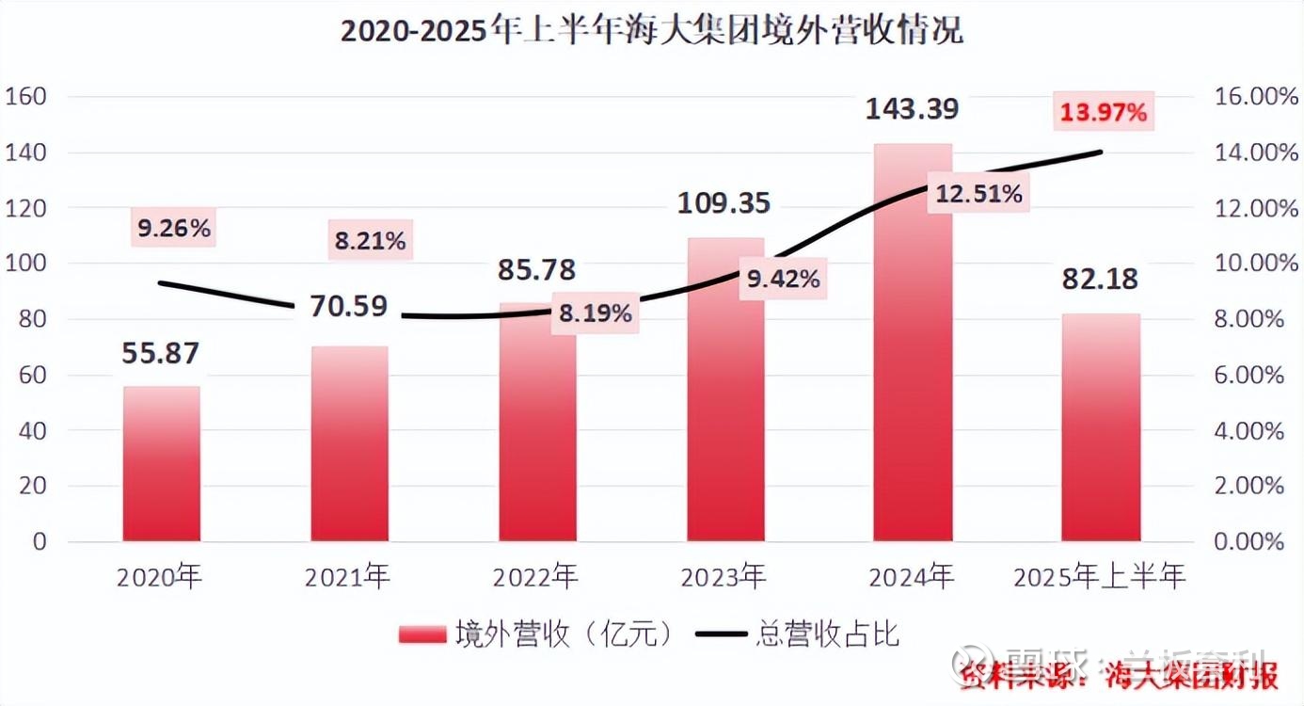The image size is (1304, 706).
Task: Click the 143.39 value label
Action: pos(913,109)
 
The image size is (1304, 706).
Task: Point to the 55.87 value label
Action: pos(161,353)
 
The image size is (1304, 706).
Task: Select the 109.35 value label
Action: pos(724,202)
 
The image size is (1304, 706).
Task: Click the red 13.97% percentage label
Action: pos(1104,114)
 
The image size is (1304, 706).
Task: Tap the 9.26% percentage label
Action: pos(174,228)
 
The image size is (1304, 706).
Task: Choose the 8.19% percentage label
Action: pos(595,313)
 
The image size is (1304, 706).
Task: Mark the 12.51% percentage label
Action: pos(978,195)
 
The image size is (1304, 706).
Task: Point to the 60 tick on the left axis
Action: pos(33,376)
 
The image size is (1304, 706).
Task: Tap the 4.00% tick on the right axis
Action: pos(1247,431)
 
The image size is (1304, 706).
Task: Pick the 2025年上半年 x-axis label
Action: pos(1100,576)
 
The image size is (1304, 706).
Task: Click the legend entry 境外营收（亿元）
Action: pos(536,634)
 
